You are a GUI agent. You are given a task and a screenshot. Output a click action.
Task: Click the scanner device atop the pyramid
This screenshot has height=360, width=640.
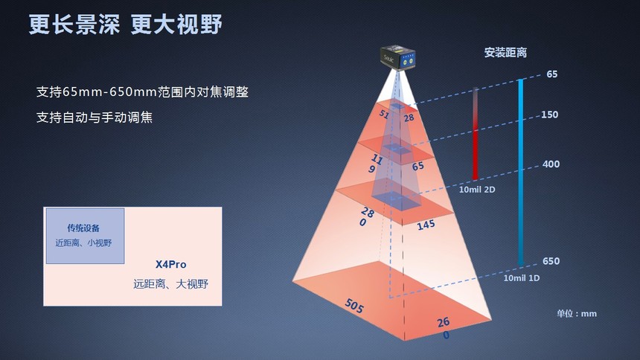397,58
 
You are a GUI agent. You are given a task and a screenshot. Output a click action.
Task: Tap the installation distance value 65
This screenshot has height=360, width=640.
552,74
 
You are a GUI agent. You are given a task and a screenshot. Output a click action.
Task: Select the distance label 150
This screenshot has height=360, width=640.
549,115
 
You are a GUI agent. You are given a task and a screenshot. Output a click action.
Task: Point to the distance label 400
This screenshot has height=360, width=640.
551,164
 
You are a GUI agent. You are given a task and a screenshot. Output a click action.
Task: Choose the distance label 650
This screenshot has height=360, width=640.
551,261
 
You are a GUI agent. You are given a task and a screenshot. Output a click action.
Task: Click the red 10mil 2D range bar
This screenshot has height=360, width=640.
475,133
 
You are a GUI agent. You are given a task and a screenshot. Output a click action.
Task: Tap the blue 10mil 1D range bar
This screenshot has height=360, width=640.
521,173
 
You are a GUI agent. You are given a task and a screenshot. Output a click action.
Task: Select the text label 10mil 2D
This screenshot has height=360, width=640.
477,190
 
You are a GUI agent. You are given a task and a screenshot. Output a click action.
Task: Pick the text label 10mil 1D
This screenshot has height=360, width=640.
521,278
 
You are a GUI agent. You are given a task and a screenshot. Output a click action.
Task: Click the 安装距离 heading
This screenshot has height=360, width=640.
505,53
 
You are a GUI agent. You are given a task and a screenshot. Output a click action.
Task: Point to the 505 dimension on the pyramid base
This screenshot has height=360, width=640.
354,306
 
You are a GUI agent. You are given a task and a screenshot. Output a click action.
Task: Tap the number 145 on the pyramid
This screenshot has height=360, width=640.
426,225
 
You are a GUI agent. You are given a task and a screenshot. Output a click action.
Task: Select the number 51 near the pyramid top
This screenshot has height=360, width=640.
384,114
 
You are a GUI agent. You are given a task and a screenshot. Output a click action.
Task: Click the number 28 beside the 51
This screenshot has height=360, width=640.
409,118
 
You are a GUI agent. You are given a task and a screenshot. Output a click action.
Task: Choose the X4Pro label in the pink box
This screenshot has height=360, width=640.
170,265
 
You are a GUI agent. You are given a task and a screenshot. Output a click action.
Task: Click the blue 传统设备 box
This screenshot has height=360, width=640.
85,236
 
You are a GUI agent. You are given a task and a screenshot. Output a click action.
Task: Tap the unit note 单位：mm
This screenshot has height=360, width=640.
576,313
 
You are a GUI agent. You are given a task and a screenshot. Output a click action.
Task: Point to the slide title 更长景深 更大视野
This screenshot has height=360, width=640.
125,24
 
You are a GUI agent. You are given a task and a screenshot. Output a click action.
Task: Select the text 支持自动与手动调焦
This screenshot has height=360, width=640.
95,118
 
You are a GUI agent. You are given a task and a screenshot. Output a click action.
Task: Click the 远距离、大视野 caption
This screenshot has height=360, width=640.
170,284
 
